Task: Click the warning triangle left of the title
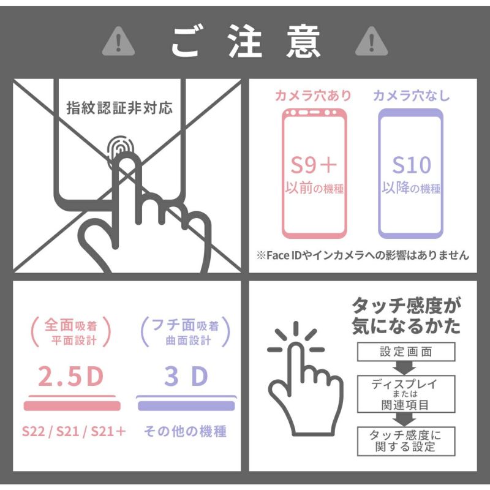pyautogui.click(x=118, y=42)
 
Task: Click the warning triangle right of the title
pyautogui.click(x=372, y=42)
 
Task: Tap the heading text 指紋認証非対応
pyautogui.click(x=119, y=108)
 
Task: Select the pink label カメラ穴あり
pyautogui.click(x=313, y=96)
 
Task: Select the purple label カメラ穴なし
pyautogui.click(x=411, y=96)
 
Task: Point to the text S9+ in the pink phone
pyautogui.click(x=314, y=165)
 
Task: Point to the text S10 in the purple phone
pyautogui.click(x=412, y=165)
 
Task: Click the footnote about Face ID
pyautogui.click(x=363, y=255)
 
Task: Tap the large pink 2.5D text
pyautogui.click(x=70, y=376)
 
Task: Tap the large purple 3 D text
pyautogui.click(x=186, y=376)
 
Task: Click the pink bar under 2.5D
pyautogui.click(x=72, y=405)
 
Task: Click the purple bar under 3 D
pyautogui.click(x=186, y=405)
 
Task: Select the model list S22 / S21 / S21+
pyautogui.click(x=73, y=432)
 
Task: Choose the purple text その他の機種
pyautogui.click(x=186, y=431)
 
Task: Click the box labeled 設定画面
pyautogui.click(x=406, y=352)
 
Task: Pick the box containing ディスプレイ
pyautogui.click(x=406, y=394)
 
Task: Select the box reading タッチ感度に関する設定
pyautogui.click(x=406, y=441)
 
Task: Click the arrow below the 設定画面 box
pyautogui.click(x=404, y=368)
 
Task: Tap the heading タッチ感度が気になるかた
pyautogui.click(x=406, y=315)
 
